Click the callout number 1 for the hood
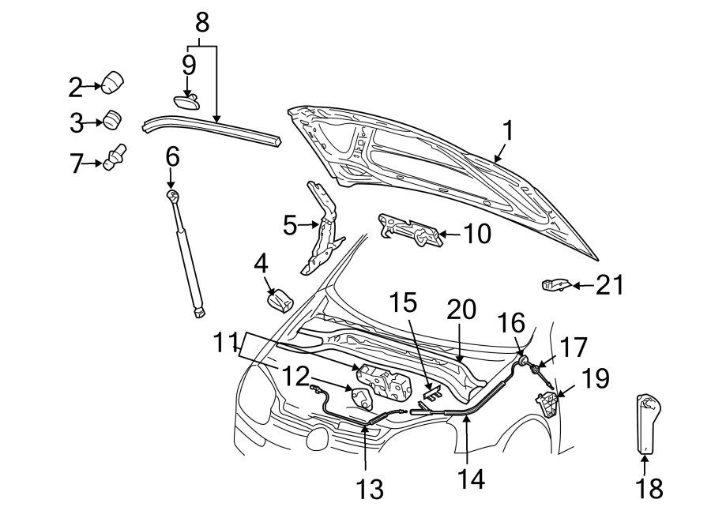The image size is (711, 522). coord(508,130)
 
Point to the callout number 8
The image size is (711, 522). coord(202,23)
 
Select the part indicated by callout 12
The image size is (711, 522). coord(362,397)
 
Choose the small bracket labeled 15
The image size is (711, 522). coord(433,389)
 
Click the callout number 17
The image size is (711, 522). coord(575,347)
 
